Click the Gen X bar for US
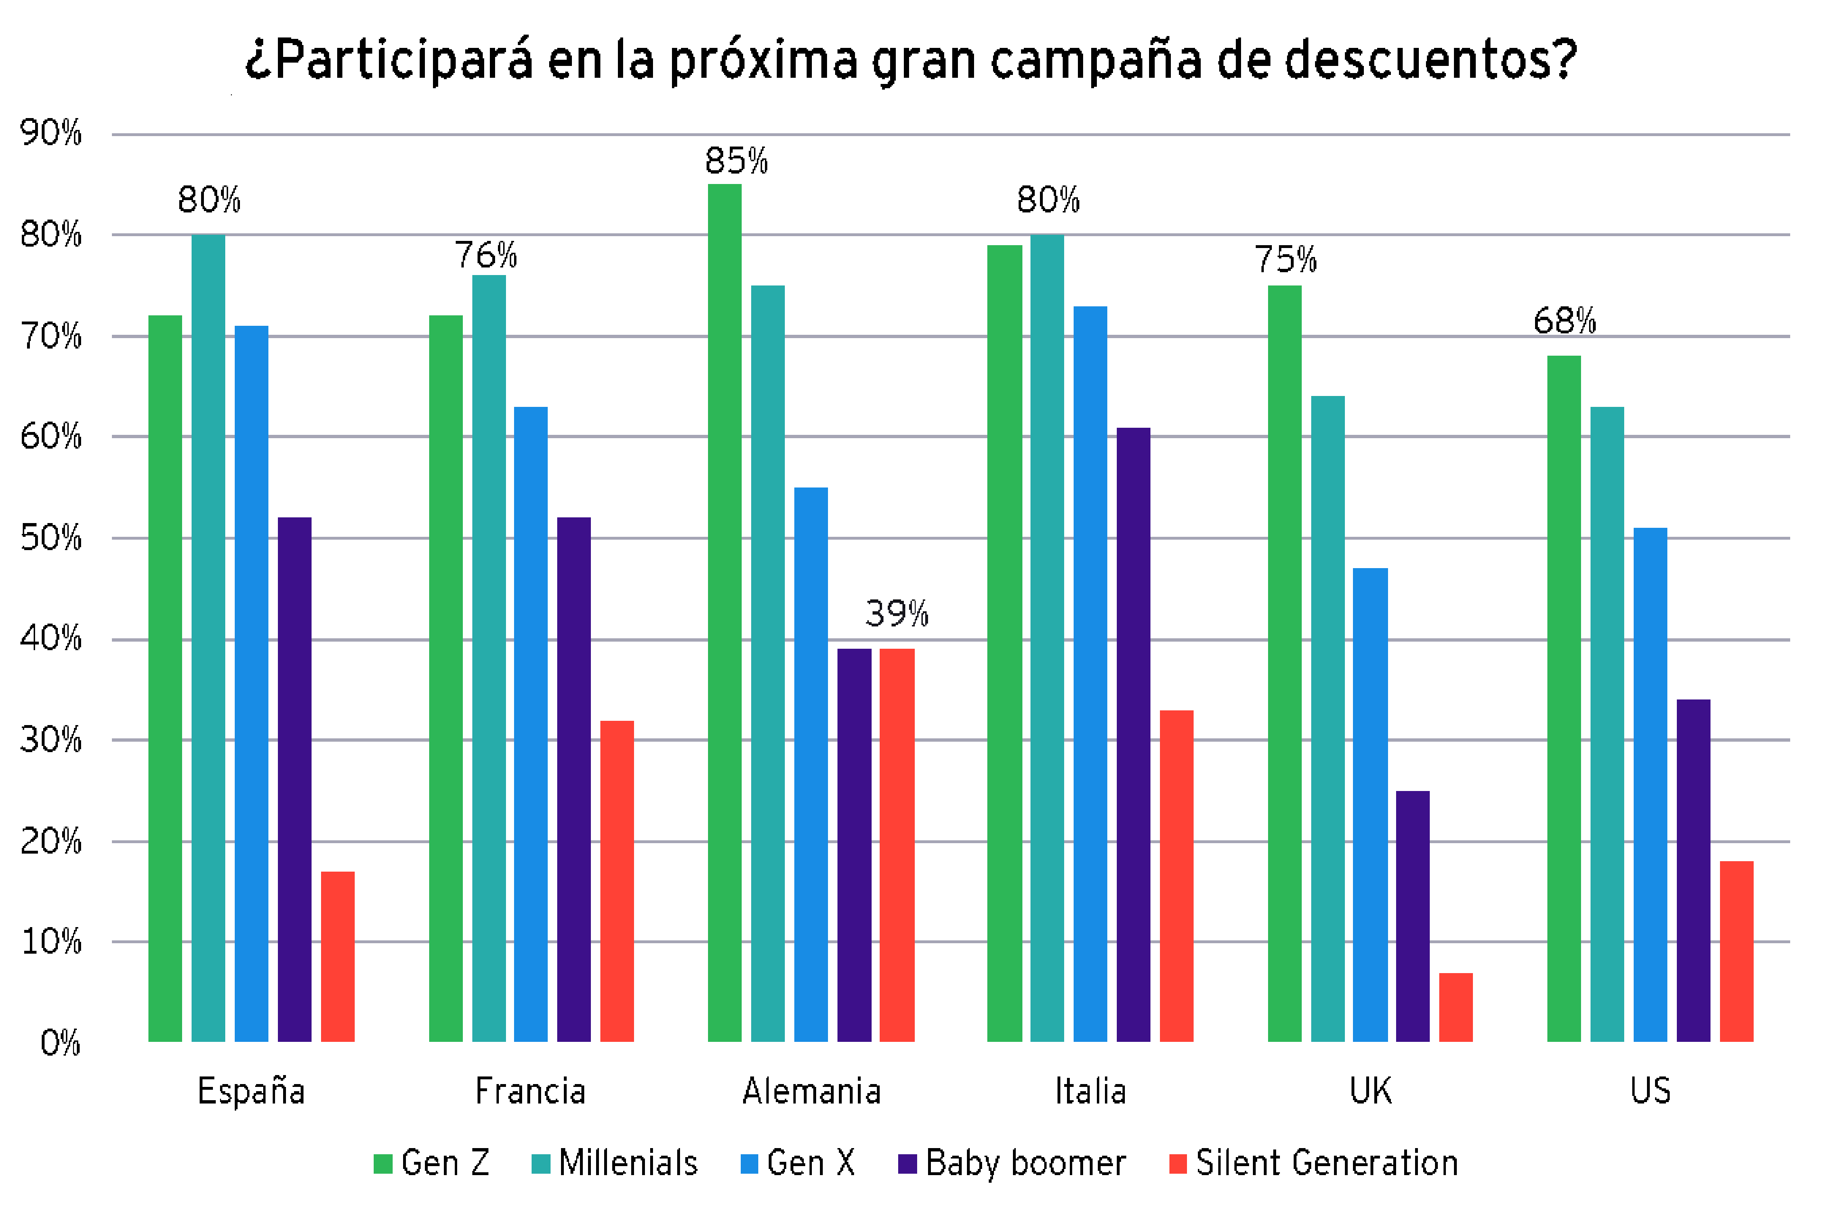pos(1650,784)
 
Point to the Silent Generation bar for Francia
pos(617,881)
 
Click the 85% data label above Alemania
pos(736,161)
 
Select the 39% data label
pos(897,614)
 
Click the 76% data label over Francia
pos(486,255)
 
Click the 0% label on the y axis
pos(60,1043)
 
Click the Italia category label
pos(1090,1092)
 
